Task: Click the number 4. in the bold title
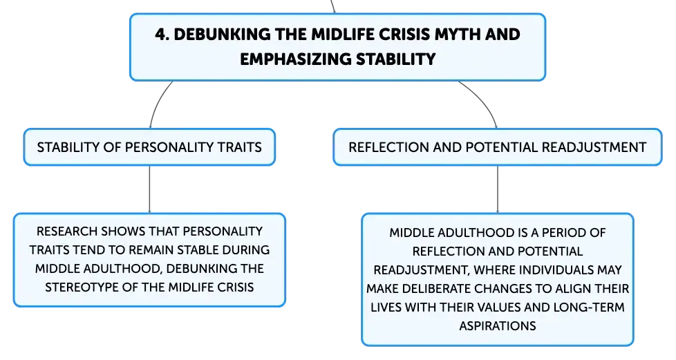[162, 35]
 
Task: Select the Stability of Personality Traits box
[149, 147]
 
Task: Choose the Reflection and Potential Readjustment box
[498, 147]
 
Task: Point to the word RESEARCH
[67, 231]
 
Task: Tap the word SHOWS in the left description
[120, 231]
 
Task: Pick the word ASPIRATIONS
[498, 326]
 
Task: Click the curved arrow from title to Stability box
[158, 103]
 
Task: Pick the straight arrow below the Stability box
[149, 189]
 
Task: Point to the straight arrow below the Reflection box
[498, 189]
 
